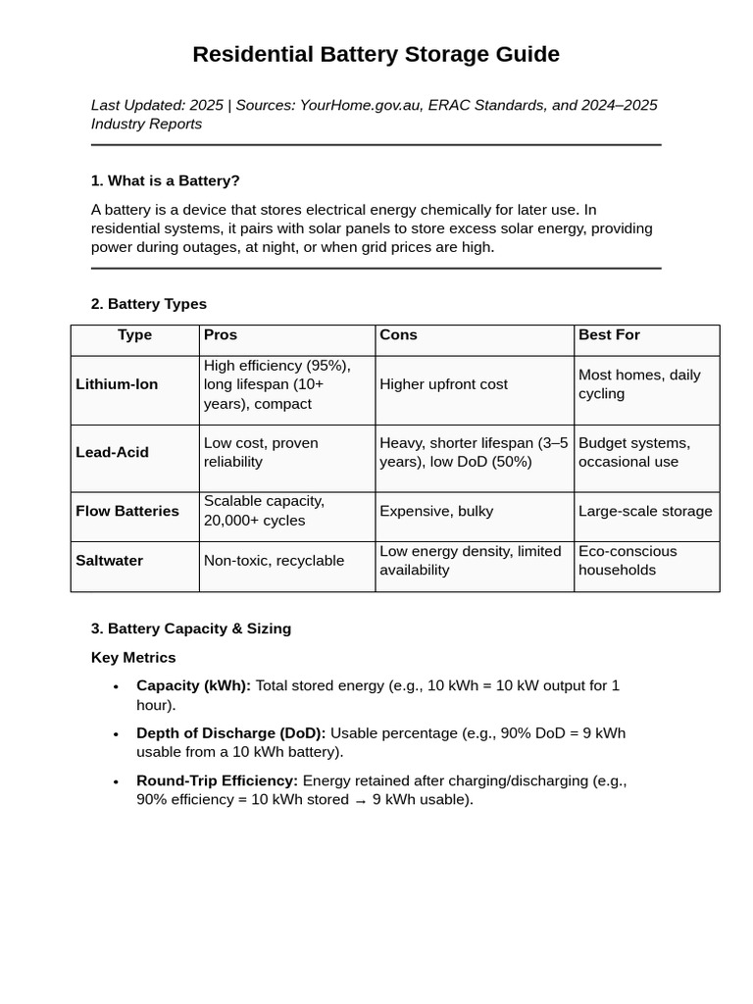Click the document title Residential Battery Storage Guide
[x=376, y=54]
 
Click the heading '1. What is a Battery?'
[x=165, y=180]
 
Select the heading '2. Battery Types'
[x=148, y=304]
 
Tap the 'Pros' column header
[x=221, y=335]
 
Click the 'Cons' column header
[x=398, y=335]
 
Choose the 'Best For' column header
[x=609, y=335]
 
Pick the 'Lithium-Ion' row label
[x=117, y=384]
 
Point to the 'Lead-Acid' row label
[x=112, y=452]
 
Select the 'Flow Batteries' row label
[x=127, y=511]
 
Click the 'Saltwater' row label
[x=109, y=561]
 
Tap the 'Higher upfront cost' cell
[x=443, y=384]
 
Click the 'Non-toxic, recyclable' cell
[x=274, y=561]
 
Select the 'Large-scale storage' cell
[x=645, y=511]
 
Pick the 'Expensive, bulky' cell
[x=436, y=511]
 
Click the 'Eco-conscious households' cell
[x=627, y=561]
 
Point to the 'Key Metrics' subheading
[x=133, y=658]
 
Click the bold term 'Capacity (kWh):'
[x=193, y=686]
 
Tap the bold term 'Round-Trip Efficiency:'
[x=217, y=781]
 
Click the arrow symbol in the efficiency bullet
[x=361, y=801]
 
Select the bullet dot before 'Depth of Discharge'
[x=116, y=734]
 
